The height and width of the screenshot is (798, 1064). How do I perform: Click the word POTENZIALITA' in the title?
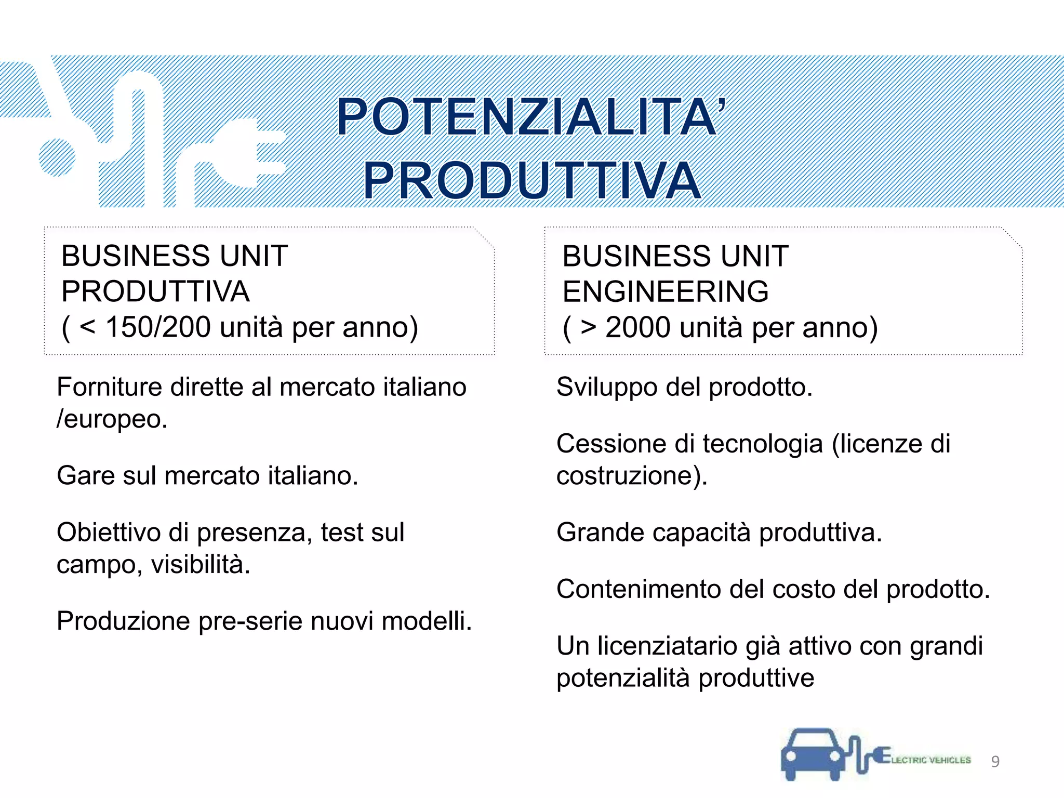pyautogui.click(x=530, y=117)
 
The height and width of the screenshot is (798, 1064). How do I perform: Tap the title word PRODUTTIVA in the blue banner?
pyautogui.click(x=532, y=181)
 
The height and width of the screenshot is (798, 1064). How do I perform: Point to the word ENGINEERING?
pyautogui.click(x=665, y=291)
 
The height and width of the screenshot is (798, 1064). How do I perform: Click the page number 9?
pyautogui.click(x=995, y=761)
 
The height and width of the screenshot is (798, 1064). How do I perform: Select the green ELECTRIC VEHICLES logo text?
pyautogui.click(x=930, y=760)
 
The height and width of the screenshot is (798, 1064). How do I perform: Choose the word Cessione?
pyautogui.click(x=611, y=444)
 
